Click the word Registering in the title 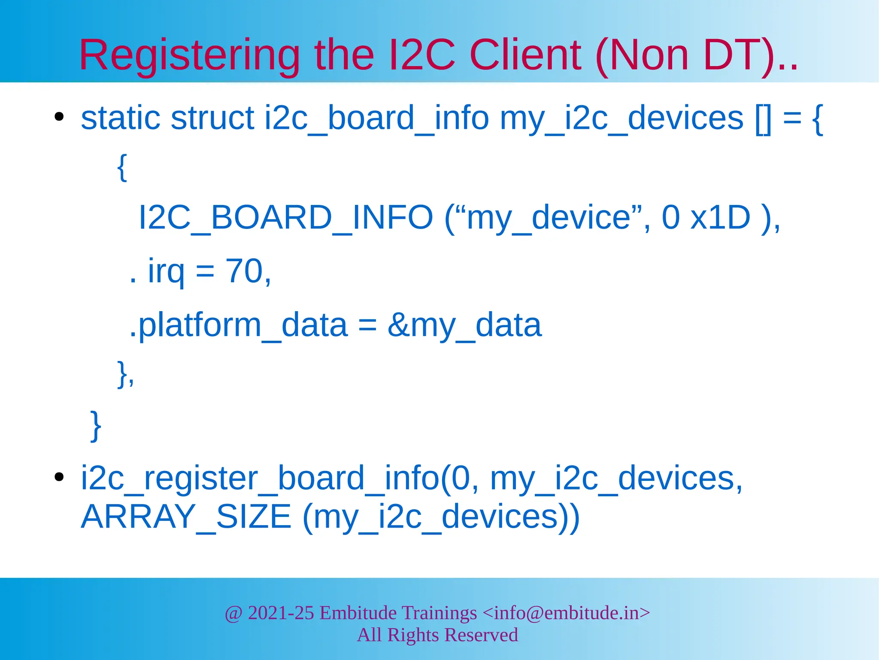click(189, 56)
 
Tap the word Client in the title click(525, 56)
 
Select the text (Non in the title click(642, 56)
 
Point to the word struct click(212, 118)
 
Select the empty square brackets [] click(763, 119)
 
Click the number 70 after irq click(244, 271)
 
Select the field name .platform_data click(195, 325)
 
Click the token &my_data click(464, 325)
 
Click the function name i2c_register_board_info click(260, 478)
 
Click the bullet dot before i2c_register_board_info click(59, 477)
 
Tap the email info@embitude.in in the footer click(567, 613)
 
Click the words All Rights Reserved click(437, 635)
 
